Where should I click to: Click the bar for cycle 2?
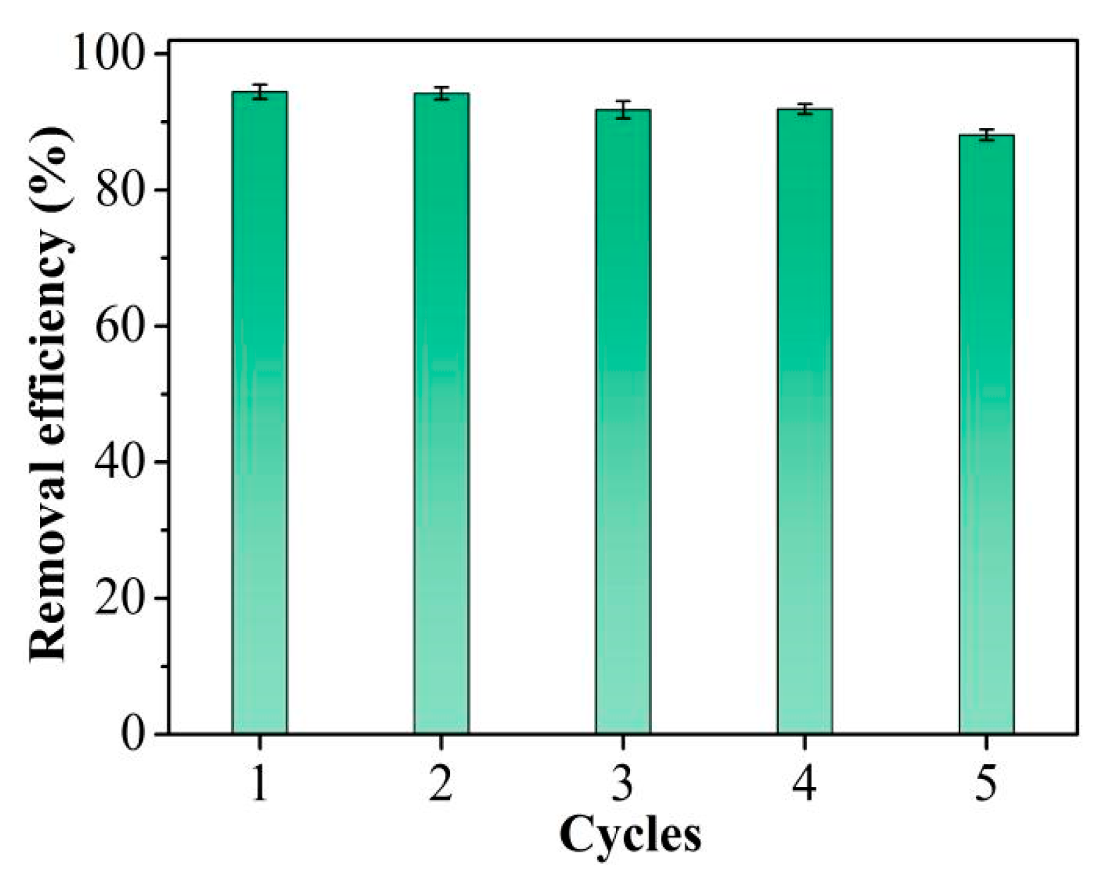point(441,413)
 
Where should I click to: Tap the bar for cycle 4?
point(805,421)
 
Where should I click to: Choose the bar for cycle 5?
point(987,434)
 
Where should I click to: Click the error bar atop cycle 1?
point(259,91)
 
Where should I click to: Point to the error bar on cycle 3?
point(623,109)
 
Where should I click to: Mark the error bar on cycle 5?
point(987,135)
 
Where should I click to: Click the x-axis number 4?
point(805,782)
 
